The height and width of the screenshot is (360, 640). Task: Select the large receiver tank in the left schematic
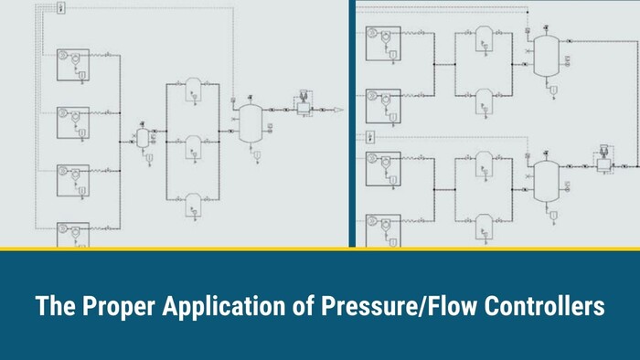point(250,122)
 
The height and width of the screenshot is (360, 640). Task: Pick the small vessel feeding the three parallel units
point(144,137)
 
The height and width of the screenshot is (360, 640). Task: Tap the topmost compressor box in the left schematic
point(73,65)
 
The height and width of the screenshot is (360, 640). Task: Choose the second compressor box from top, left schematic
point(73,122)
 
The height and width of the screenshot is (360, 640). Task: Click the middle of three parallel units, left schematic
point(193,144)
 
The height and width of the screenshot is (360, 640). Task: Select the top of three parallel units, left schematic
point(193,88)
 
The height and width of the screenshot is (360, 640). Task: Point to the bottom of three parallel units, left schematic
point(193,203)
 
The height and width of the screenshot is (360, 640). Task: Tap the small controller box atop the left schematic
point(60,8)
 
